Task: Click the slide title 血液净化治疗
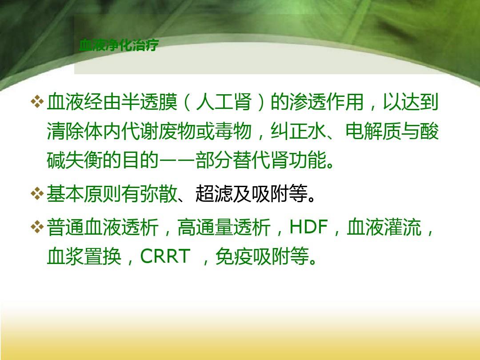click(119, 45)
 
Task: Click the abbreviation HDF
click(308, 228)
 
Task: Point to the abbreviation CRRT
click(165, 257)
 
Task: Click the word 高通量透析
click(224, 228)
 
